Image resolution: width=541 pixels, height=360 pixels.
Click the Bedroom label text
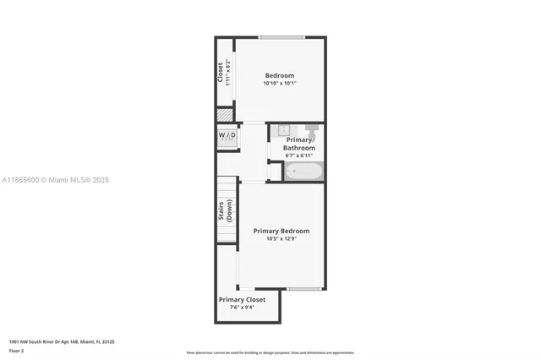click(280, 75)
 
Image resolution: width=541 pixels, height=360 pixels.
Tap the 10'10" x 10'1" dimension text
click(280, 84)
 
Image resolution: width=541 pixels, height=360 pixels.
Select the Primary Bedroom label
click(281, 231)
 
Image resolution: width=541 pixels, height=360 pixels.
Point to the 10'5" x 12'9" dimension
click(281, 239)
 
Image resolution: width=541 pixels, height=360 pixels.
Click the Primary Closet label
click(242, 299)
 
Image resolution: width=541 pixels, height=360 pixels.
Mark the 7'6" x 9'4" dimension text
click(242, 308)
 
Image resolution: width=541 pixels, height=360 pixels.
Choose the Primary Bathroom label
click(298, 144)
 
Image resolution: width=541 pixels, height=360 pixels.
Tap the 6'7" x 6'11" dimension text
click(298, 155)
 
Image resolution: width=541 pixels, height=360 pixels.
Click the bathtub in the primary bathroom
click(303, 172)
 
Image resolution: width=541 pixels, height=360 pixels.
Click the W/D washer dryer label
click(227, 135)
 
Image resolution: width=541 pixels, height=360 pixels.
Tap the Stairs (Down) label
click(225, 210)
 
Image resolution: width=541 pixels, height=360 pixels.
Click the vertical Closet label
click(221, 73)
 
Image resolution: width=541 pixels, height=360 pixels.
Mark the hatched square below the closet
click(225, 116)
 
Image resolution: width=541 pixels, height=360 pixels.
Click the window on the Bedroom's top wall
click(281, 37)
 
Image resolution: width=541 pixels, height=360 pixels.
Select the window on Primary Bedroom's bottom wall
click(303, 289)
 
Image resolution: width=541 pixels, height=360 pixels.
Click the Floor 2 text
click(16, 350)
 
